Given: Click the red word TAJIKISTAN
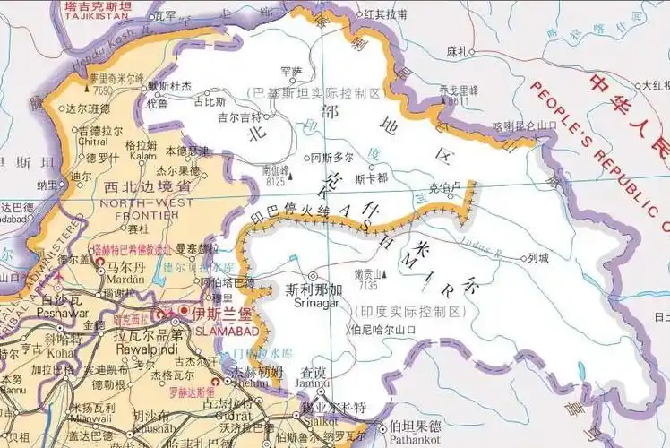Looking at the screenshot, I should pyautogui.click(x=96, y=16).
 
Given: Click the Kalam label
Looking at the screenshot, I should pyautogui.click(x=143, y=155).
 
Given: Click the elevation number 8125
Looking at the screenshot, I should pyautogui.click(x=276, y=180).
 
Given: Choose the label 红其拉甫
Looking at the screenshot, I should pyautogui.click(x=387, y=15).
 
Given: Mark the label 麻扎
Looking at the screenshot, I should pyautogui.click(x=457, y=52).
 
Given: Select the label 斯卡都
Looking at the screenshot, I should pyautogui.click(x=370, y=177).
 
